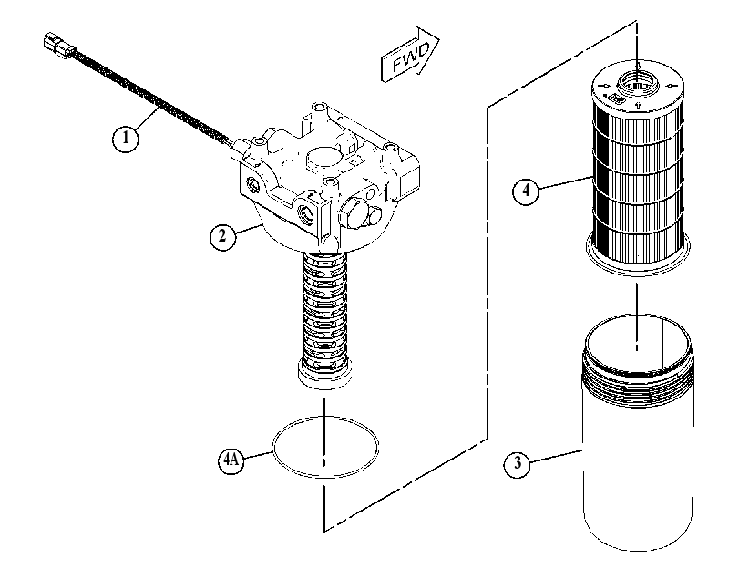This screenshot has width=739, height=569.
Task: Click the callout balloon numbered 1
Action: click(x=126, y=139)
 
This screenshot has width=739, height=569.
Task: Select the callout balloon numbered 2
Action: click(x=222, y=236)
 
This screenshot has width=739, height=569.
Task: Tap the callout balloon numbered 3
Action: click(x=518, y=463)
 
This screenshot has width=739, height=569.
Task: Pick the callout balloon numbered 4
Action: click(x=526, y=191)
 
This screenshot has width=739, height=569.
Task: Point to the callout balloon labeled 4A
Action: click(x=231, y=459)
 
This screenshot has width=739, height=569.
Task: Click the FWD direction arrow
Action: click(x=409, y=54)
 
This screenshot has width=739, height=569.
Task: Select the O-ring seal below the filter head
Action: click(x=325, y=447)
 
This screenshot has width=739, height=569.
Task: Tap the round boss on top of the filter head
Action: click(x=324, y=157)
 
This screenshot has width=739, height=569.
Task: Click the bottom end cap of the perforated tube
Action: click(x=325, y=375)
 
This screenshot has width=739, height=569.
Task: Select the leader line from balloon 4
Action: click(x=566, y=183)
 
